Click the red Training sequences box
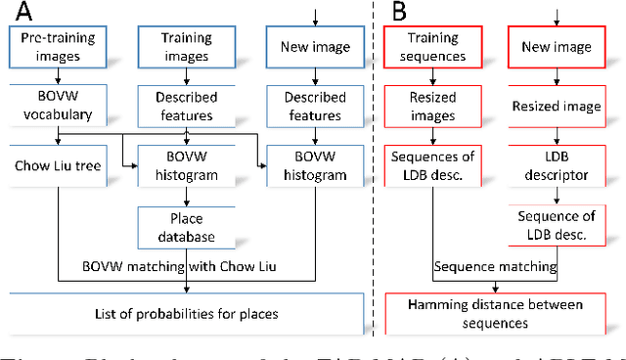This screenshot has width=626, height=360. [x=432, y=48]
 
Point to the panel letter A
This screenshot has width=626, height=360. [x=20, y=13]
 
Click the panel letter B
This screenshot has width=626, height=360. [x=400, y=13]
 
